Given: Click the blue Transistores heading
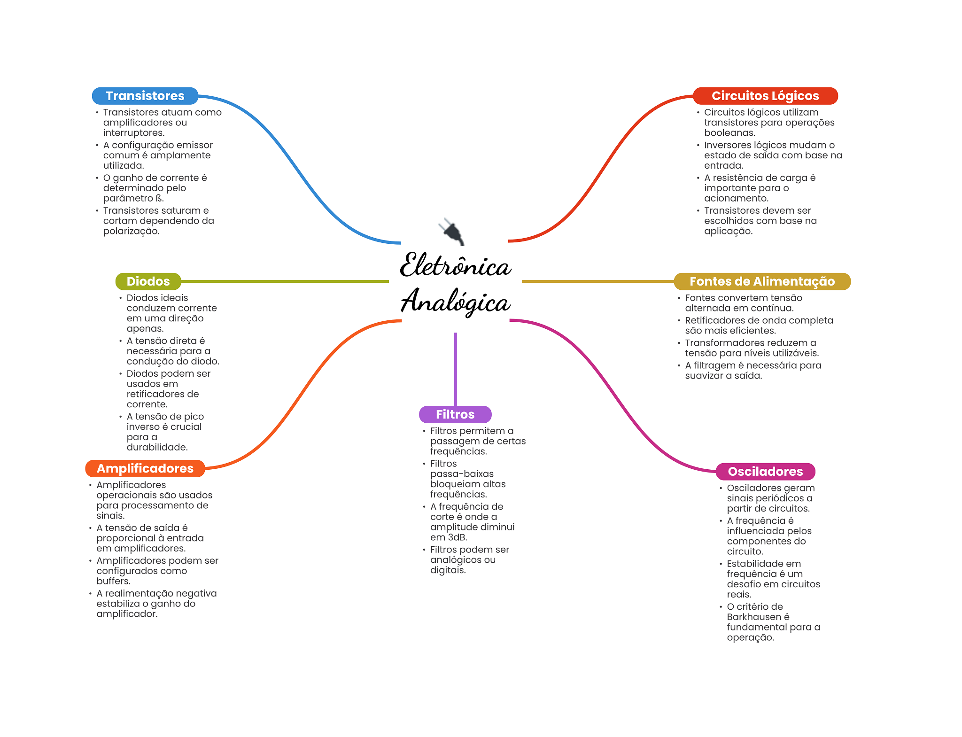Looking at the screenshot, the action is click(145, 96).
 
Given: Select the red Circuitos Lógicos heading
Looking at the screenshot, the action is click(765, 96).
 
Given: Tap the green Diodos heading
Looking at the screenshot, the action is click(148, 281).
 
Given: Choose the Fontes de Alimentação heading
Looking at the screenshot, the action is click(762, 281).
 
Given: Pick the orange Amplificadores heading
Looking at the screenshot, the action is click(145, 468).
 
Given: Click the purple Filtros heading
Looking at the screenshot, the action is click(455, 414).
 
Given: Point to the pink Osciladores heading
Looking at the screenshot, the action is click(765, 472).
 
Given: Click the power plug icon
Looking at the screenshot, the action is click(451, 231).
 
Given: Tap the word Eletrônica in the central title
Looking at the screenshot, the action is click(455, 265).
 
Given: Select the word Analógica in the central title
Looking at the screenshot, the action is click(455, 302).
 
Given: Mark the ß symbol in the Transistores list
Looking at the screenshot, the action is click(159, 198).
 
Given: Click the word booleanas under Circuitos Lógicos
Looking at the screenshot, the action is click(729, 133).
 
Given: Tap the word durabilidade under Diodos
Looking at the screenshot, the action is click(157, 448).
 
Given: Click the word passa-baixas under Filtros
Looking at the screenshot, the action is click(462, 474).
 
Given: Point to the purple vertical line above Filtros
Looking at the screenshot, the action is click(455, 369).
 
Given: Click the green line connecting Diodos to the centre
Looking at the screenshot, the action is click(285, 281).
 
